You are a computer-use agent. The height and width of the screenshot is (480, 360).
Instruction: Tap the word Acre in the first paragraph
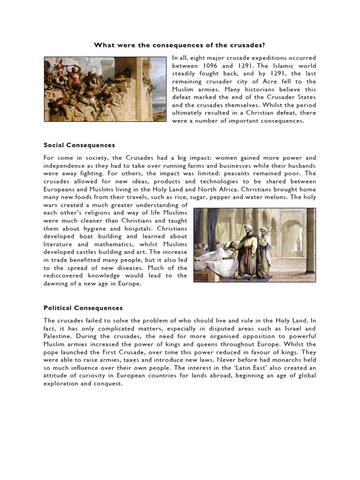(284, 82)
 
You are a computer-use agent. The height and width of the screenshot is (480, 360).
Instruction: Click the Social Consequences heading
(79, 145)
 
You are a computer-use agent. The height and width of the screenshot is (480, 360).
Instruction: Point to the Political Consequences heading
(83, 308)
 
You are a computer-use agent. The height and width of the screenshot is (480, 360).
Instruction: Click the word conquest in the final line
(108, 384)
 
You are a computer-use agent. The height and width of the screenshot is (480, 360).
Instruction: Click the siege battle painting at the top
(105, 89)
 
